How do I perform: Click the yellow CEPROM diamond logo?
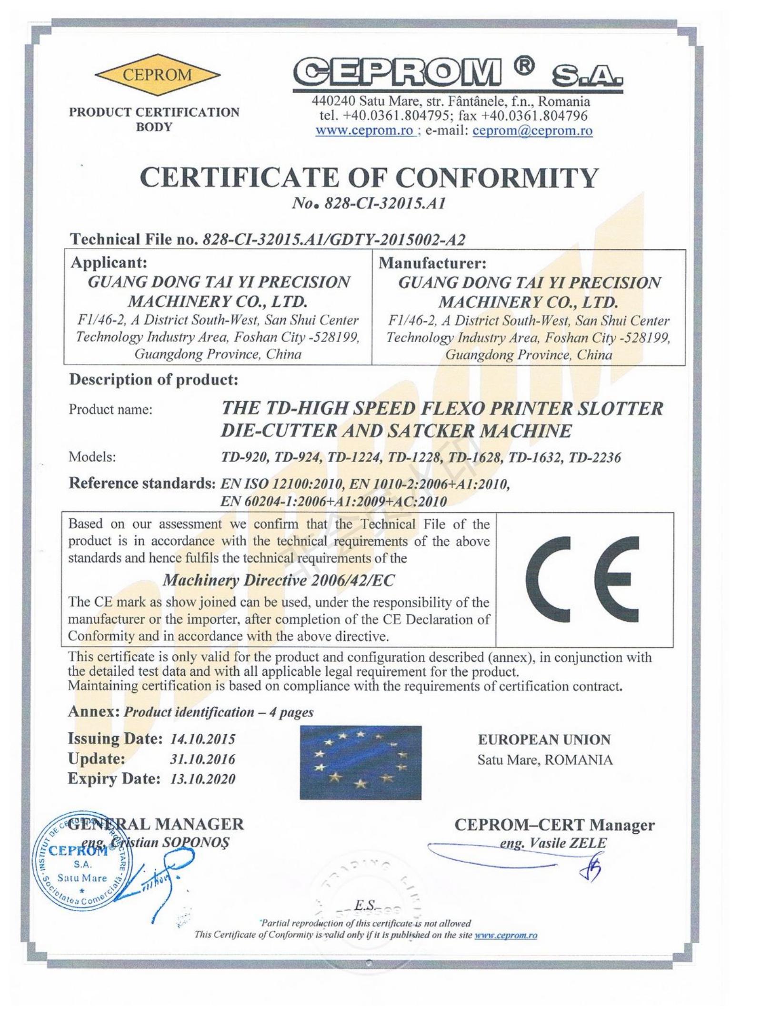coord(157,75)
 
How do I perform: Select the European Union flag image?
coord(361,762)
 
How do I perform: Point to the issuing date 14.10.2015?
coord(203,739)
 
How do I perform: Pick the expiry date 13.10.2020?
coord(203,779)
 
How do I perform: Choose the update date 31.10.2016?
coord(203,759)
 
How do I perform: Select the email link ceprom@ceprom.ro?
coord(532,130)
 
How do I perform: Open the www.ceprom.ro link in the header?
coord(365,130)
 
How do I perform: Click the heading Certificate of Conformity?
coord(369,178)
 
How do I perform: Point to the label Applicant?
coord(109,262)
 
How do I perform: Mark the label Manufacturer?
coord(432,263)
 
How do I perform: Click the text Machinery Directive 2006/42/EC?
coord(279,581)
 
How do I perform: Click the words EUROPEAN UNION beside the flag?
coord(544,739)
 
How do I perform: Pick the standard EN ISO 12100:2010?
coord(281,484)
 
